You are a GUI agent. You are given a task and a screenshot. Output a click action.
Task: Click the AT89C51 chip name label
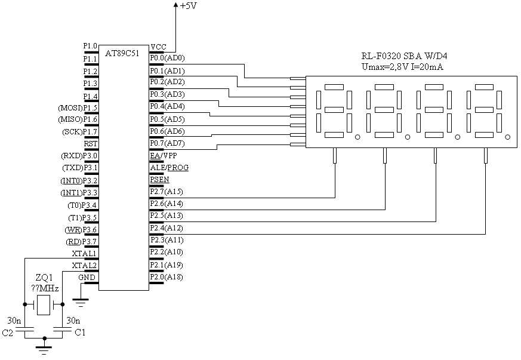(x=122, y=53)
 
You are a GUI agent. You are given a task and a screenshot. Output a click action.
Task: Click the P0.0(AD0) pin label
(x=167, y=58)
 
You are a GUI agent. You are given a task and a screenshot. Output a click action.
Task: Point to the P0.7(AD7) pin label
(x=167, y=143)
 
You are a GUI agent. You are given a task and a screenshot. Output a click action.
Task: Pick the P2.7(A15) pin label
(x=167, y=192)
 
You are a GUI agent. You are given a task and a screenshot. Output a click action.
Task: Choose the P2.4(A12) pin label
(x=167, y=228)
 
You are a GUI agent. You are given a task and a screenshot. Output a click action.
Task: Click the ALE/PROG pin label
(x=169, y=168)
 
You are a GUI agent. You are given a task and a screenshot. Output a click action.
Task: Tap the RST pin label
(x=91, y=143)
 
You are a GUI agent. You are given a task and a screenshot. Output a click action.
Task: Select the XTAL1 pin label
(x=84, y=253)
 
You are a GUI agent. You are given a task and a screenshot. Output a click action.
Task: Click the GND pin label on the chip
(x=87, y=278)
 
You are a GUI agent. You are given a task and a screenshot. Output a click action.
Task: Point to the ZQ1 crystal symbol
(x=44, y=305)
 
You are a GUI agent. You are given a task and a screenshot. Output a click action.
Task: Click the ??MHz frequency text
(x=45, y=288)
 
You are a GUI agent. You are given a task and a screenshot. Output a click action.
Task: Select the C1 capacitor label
(x=79, y=332)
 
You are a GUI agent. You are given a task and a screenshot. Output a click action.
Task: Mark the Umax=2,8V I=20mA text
(x=402, y=67)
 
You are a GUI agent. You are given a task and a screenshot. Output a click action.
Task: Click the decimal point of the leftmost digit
(x=357, y=137)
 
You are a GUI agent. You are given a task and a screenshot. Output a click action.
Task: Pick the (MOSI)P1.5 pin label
(x=78, y=107)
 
